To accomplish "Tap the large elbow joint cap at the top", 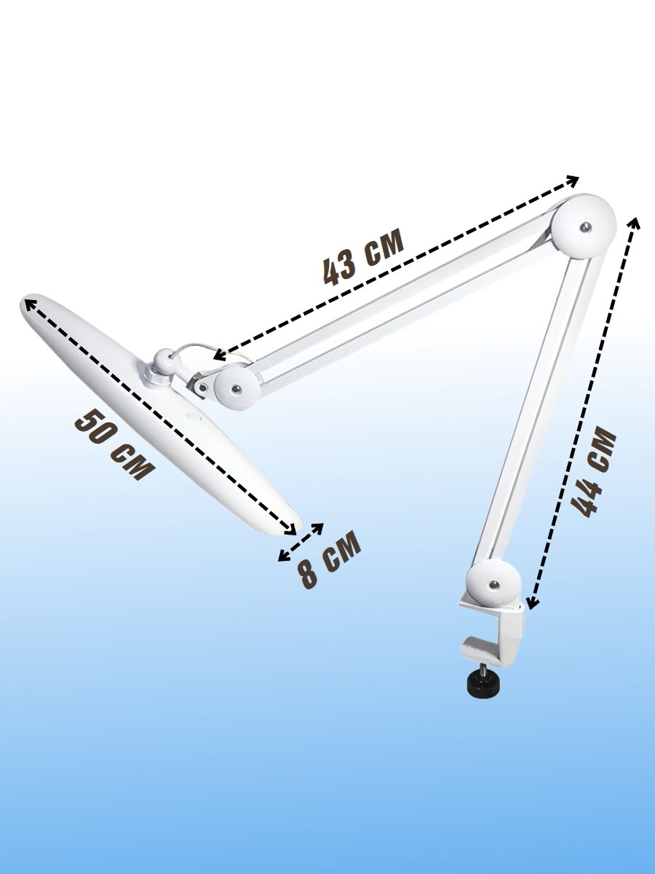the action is pyautogui.click(x=584, y=226).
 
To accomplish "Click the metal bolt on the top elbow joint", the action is pyautogui.click(x=585, y=227).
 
